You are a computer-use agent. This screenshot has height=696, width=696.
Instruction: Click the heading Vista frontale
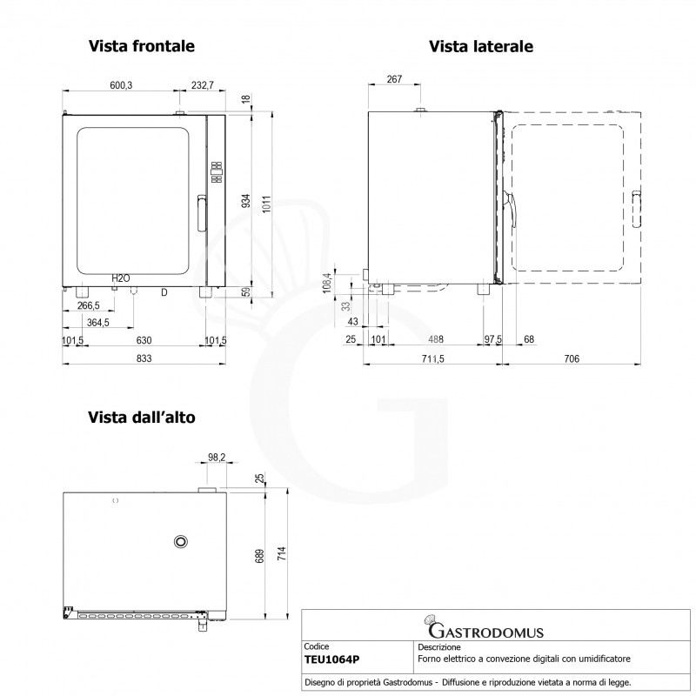(141, 45)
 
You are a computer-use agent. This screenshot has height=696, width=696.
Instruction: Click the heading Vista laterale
(480, 45)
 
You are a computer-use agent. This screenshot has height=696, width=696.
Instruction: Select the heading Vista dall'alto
(141, 418)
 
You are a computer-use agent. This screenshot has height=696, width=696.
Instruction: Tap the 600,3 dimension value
(120, 85)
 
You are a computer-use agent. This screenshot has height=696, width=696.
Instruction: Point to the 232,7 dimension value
(202, 85)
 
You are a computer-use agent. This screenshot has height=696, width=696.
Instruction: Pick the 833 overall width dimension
(144, 358)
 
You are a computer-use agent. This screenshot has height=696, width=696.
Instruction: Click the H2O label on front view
(120, 278)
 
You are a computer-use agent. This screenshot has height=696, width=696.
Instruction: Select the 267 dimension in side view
(393, 79)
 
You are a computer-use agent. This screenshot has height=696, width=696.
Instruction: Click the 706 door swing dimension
(572, 358)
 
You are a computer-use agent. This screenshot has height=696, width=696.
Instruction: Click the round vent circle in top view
(181, 541)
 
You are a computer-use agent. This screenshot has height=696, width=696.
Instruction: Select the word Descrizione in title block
(439, 647)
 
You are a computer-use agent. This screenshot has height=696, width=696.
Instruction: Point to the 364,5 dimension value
(98, 323)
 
